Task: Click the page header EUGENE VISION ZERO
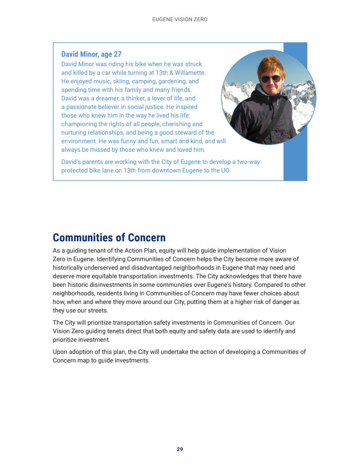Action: point(180,20)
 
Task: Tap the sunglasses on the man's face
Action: point(271,79)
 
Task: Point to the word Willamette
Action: point(190,72)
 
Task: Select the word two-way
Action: point(248,162)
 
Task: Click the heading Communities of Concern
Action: point(109,238)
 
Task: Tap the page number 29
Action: point(180,449)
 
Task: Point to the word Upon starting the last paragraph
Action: point(60,352)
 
